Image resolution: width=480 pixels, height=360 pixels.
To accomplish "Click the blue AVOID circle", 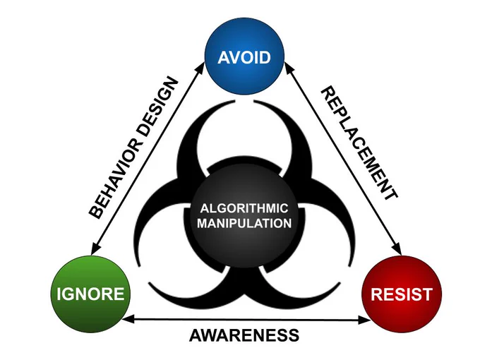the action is tap(244, 56).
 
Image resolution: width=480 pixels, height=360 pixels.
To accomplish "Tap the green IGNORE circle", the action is tap(90, 294).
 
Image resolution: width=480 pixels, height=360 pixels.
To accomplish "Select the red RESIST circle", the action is tap(402, 294).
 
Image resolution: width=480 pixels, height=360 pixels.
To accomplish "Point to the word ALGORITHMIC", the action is tap(244, 208).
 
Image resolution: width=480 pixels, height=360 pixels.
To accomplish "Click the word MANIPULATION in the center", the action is tap(244, 223).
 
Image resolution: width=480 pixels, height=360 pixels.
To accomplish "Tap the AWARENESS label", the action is tap(244, 335).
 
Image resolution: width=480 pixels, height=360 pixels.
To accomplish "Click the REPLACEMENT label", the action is tap(359, 143).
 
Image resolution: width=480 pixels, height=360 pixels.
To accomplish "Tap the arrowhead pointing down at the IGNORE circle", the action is tap(95, 248).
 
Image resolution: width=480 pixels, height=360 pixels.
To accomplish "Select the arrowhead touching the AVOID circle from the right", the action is tap(289, 67).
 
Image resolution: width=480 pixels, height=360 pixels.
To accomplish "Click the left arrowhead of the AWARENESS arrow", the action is tap(127, 319).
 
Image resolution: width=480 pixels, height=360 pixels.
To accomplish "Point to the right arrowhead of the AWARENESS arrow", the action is tap(365, 320).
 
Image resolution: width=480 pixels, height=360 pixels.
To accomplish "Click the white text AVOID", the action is tap(244, 57).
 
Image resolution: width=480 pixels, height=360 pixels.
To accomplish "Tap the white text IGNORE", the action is tap(90, 294).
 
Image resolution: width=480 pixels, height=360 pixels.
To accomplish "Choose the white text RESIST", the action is tap(402, 294).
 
